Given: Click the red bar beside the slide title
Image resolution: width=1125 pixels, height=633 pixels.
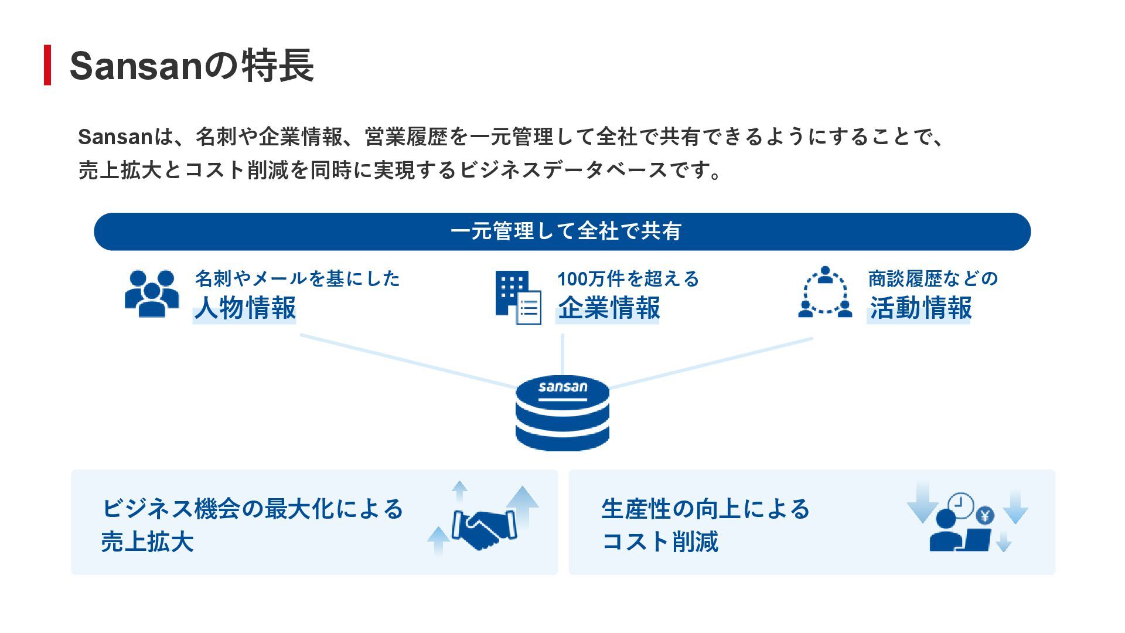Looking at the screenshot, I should pos(47,65).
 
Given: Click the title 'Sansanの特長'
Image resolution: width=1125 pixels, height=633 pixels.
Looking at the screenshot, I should pos(192,66).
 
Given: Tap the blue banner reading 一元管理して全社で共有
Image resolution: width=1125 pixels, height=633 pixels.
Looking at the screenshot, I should pos(562,232).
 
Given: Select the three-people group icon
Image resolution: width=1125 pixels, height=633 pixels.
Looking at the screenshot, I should pos(152,294).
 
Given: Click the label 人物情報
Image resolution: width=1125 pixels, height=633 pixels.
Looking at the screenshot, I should pos(245,308).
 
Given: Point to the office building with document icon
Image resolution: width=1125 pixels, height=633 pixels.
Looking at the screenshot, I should pos(518,297).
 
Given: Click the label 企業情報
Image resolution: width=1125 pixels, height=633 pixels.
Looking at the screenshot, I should pos(609,308).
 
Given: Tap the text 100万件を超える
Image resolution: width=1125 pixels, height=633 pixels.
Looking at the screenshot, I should pos(628,279).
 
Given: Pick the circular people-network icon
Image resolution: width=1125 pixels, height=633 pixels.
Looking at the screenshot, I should pos(825,292).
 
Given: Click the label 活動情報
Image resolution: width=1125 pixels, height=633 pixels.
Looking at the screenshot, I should pos(921,308).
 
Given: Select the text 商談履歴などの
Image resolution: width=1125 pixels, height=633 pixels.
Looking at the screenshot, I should pos(933,278).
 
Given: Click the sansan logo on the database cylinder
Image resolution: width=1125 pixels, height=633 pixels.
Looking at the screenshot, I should pos(562,387).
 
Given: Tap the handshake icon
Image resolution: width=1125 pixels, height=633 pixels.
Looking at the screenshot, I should pos(484,529).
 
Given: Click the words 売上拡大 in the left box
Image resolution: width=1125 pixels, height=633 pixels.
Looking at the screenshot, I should pos(147,542).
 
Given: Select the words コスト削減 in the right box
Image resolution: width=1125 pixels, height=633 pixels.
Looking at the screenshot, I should pos(660,542).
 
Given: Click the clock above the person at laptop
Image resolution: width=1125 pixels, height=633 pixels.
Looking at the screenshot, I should pos(961,504).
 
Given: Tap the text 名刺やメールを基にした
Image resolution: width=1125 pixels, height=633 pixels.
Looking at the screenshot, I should pos(298,278).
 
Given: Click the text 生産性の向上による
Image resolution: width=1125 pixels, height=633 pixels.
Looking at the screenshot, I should pos(705,509).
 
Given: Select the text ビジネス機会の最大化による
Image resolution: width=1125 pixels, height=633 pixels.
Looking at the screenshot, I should pos(253,509).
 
